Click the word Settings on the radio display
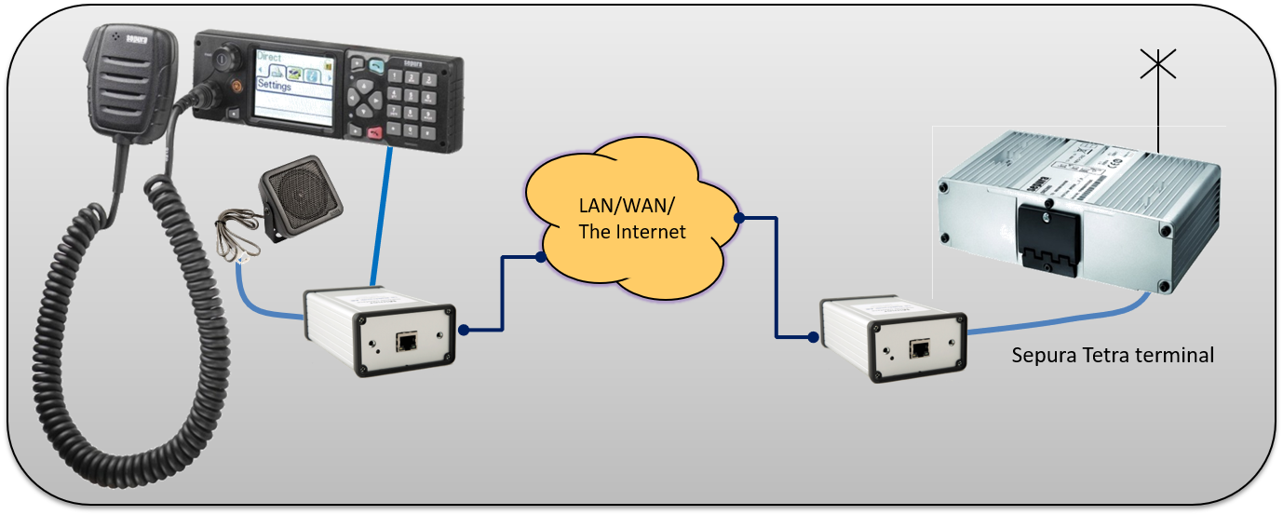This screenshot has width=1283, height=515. [x=275, y=86]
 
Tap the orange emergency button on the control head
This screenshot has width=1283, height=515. [x=236, y=85]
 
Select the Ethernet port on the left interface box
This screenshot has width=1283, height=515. [x=407, y=342]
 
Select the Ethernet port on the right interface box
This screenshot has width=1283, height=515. [x=920, y=349]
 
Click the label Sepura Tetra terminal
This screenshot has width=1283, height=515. [x=1113, y=355]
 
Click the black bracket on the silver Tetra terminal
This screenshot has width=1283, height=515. [x=1047, y=237]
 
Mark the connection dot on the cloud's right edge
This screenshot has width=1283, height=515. [x=737, y=218]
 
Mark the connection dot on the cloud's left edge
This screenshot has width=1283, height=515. [x=540, y=254]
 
